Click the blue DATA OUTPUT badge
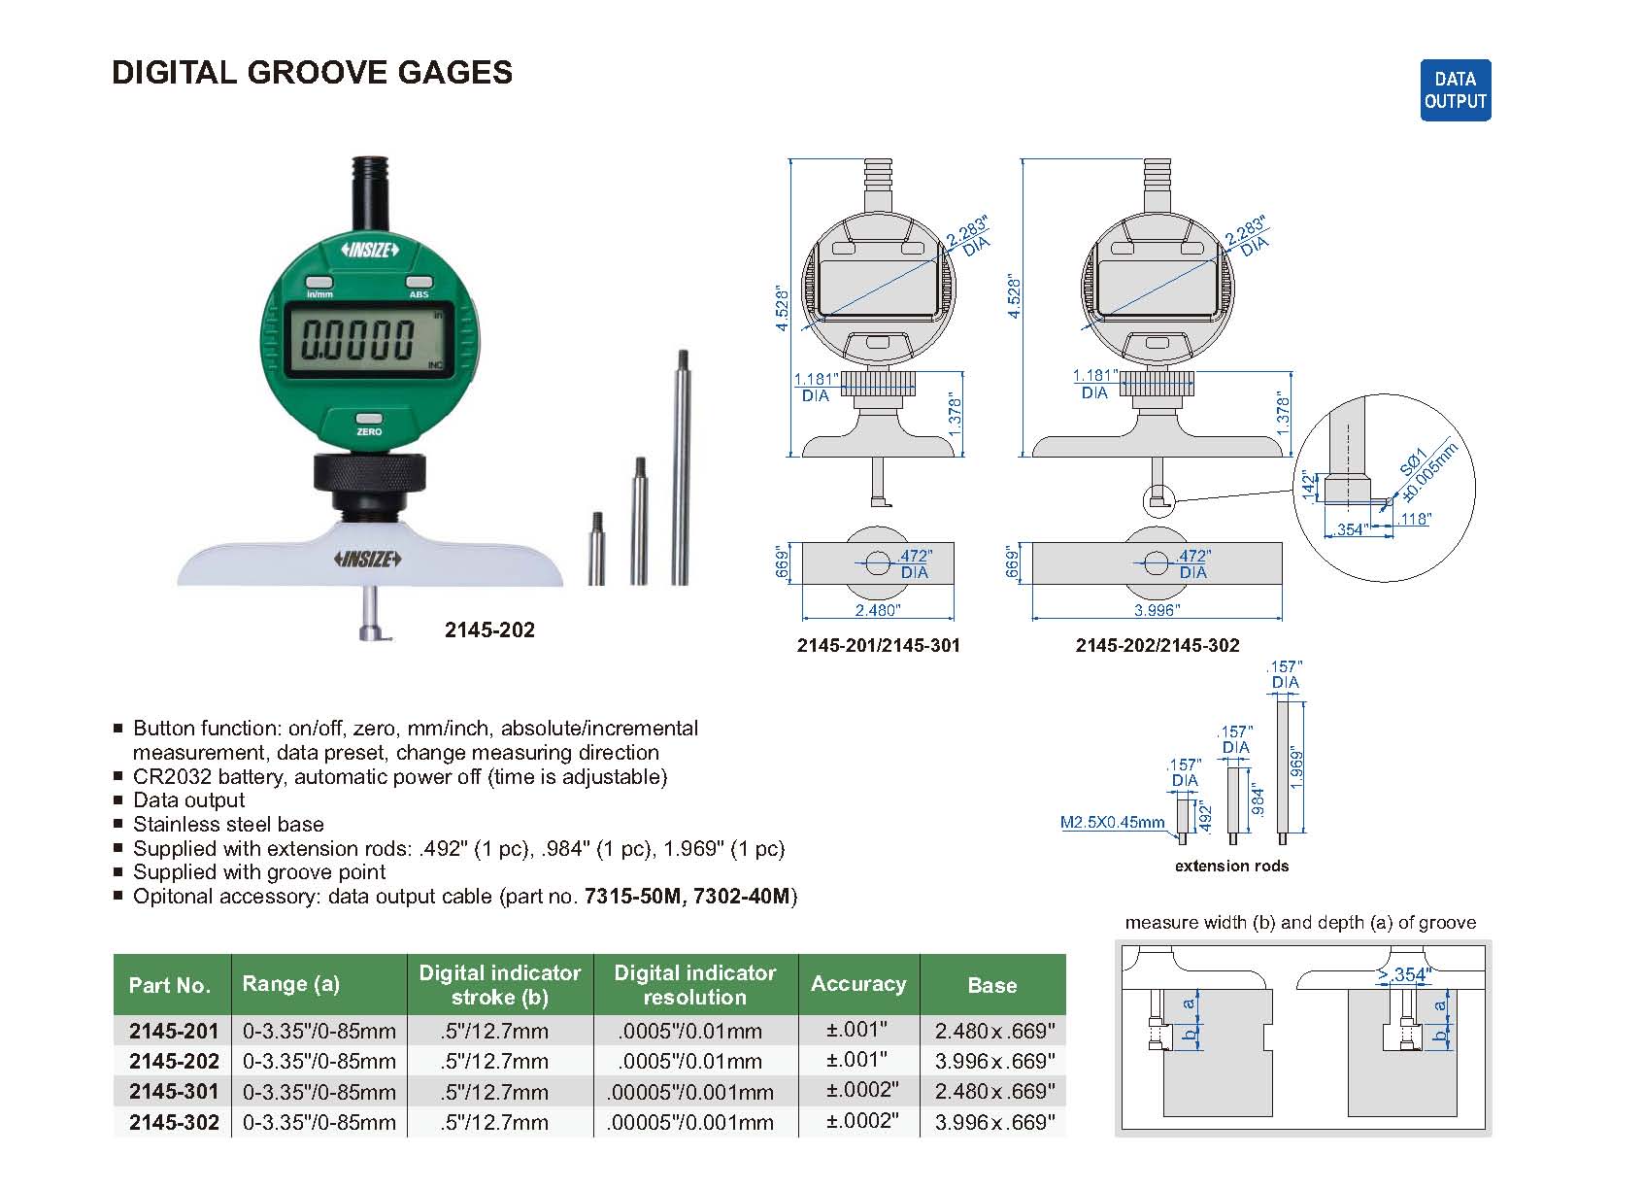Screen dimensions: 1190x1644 pos(1455,90)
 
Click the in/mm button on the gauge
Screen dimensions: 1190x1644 pos(319,282)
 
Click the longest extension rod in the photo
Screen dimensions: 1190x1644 pos(682,466)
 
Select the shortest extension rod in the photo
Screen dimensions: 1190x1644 pos(596,548)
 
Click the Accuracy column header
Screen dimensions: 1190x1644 pos(858,984)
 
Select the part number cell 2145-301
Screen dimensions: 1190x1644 pos(174,1091)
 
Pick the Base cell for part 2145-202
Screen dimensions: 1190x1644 pos(993,1061)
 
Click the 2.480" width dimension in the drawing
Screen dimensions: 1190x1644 pos(877,610)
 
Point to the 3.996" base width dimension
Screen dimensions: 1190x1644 pos(1156,610)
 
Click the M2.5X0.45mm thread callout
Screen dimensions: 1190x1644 pos(1112,823)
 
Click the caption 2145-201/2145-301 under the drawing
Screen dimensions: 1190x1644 pos(878,645)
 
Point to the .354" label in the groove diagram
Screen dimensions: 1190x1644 pos(1411,974)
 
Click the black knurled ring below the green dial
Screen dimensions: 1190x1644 pos(369,476)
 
